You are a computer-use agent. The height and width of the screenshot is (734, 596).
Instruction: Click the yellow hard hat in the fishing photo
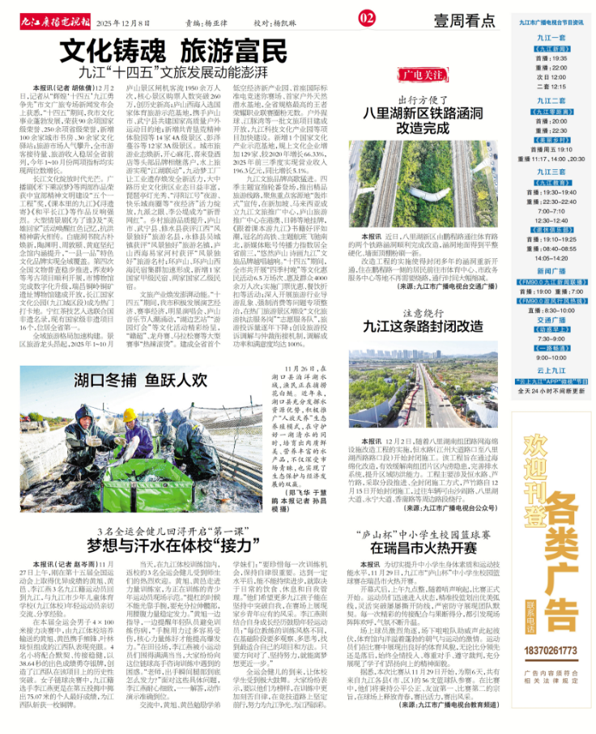coord(130,415)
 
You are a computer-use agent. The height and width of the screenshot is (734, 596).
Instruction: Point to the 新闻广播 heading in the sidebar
coord(551,271)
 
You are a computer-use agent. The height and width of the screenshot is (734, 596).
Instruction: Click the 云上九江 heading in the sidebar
coord(551,370)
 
